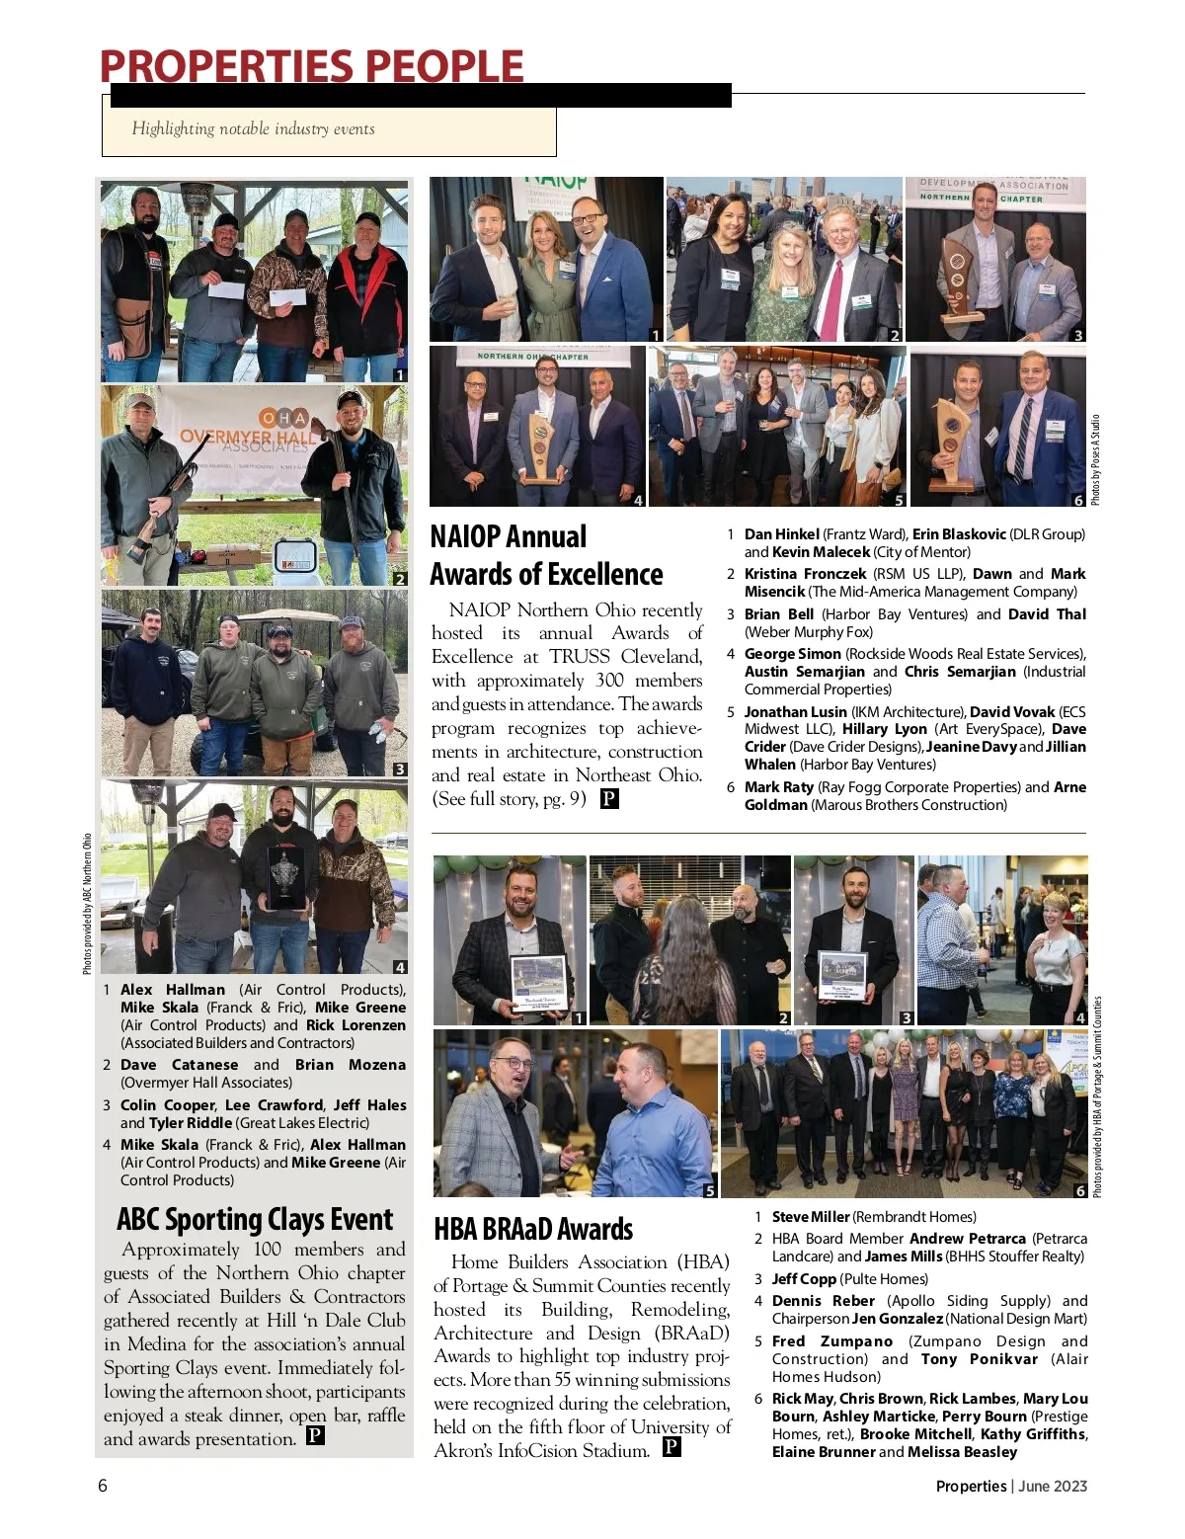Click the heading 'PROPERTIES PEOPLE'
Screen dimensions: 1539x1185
pyautogui.click(x=311, y=66)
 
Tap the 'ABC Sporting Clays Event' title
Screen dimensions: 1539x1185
pyautogui.click(x=255, y=1220)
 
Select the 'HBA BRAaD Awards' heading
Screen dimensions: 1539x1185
pyautogui.click(x=533, y=1229)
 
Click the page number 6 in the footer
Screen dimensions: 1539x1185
pyautogui.click(x=103, y=1486)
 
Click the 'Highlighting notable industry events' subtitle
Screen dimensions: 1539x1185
pyautogui.click(x=254, y=128)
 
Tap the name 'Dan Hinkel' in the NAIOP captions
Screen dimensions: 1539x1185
pyautogui.click(x=781, y=534)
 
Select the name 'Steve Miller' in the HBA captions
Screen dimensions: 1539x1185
pyautogui.click(x=810, y=1217)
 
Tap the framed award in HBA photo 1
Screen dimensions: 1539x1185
pyautogui.click(x=538, y=984)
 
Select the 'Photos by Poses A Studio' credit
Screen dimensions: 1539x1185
pyautogui.click(x=1094, y=460)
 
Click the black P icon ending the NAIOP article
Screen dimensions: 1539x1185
pyautogui.click(x=609, y=798)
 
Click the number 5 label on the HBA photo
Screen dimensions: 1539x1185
pyautogui.click(x=709, y=1190)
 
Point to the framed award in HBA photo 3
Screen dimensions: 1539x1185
pyautogui.click(x=842, y=977)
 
